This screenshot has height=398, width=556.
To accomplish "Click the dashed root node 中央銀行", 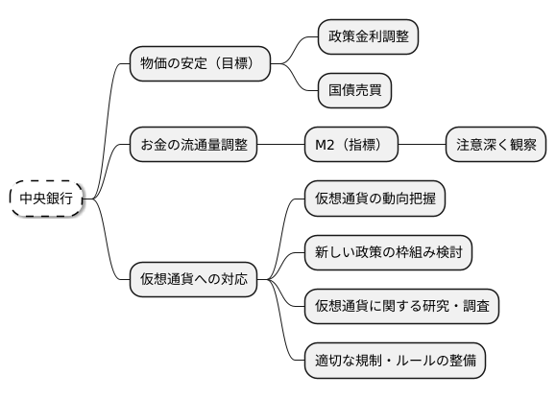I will [46, 198].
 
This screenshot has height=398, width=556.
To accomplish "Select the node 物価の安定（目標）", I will [200, 64].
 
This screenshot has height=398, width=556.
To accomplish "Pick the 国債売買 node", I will [355, 91].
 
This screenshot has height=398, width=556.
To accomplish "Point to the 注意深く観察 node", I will [496, 145].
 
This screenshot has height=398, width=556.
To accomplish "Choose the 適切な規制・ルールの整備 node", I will [395, 362].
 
